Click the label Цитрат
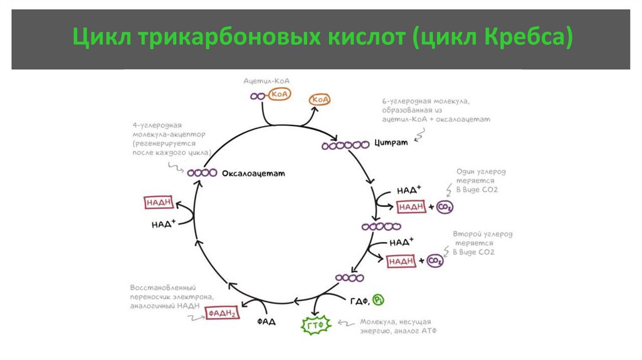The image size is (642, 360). pos(391,143)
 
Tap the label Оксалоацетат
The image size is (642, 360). pos(253,173)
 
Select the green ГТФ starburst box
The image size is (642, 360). pos(317,325)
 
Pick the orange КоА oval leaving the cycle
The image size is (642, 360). pos(320,100)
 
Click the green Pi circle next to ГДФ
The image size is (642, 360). pos(379,300)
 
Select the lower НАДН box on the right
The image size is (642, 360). pos(401,261)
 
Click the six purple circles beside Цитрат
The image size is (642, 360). pos(345,146)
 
